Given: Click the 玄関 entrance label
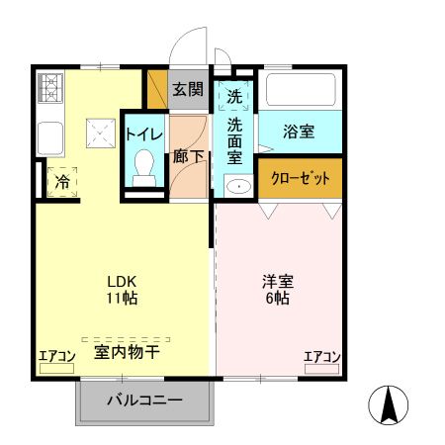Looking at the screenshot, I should click(188, 89).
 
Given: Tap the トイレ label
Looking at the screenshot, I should click(144, 133).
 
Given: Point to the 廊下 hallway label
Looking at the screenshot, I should click(188, 156).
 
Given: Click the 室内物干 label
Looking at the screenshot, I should click(128, 350).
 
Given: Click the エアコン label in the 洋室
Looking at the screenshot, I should click(321, 357).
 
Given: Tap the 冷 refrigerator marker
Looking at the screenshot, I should click(62, 182).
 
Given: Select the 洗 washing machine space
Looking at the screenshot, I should click(234, 96).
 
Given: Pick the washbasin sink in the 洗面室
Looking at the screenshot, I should click(237, 186).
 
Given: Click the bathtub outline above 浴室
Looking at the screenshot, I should click(301, 91).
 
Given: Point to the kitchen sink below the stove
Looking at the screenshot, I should click(49, 135).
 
